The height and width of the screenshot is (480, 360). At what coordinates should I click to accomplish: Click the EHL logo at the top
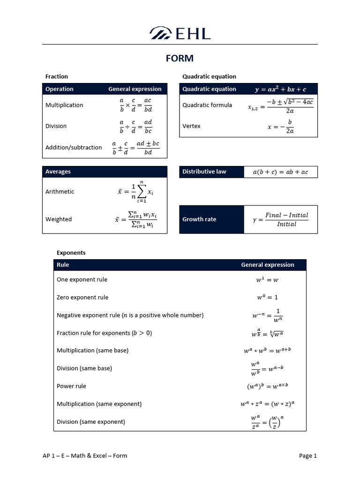[180, 33]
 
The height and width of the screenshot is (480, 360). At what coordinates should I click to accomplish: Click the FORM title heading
[180, 59]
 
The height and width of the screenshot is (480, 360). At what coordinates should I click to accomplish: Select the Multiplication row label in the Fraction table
[64, 105]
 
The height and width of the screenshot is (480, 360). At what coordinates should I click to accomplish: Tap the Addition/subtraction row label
[74, 147]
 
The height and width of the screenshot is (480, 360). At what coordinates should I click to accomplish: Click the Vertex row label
[191, 126]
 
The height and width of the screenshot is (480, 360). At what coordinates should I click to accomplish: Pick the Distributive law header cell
[211, 172]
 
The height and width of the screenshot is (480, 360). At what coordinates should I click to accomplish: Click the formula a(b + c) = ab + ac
[280, 172]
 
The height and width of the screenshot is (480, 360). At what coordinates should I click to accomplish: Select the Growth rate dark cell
[211, 219]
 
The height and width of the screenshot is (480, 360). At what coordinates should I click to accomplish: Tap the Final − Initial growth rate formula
[281, 219]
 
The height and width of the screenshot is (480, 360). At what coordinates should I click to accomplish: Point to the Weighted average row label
[59, 219]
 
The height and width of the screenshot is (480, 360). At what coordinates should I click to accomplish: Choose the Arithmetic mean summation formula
[136, 192]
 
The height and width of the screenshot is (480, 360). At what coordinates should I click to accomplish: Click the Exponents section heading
[71, 253]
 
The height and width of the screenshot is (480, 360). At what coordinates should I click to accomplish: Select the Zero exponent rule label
[82, 297]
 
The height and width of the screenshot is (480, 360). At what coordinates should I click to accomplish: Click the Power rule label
[71, 386]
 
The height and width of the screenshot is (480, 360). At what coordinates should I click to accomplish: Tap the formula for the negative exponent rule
[267, 315]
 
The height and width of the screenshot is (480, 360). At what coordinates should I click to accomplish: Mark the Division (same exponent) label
[91, 422]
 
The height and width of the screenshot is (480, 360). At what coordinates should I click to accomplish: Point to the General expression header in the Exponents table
[267, 265]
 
